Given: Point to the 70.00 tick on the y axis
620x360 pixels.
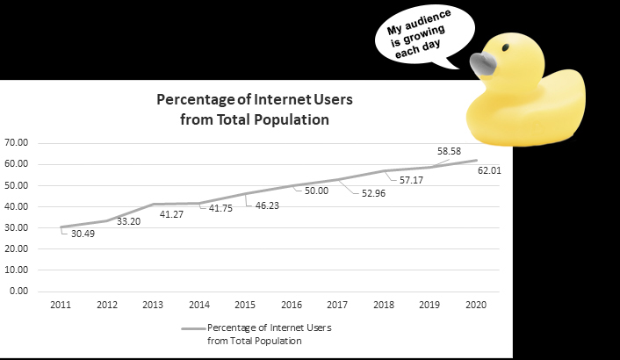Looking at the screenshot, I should [17, 142].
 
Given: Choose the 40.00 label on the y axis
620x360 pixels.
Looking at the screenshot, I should [17, 206].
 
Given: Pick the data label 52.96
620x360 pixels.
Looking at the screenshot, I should [372, 194].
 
